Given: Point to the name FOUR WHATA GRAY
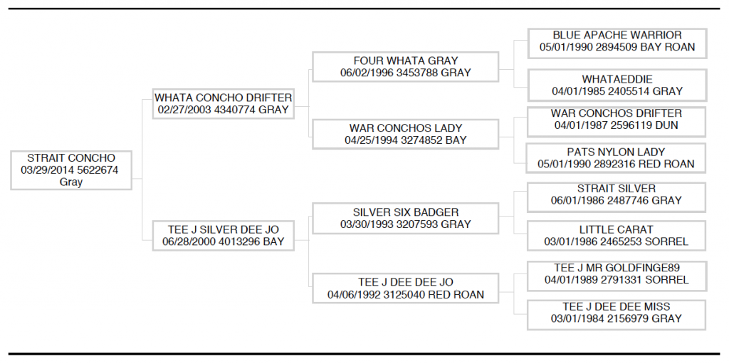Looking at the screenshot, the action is click(x=405, y=61).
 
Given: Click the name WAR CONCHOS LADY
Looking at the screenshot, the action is click(x=405, y=128).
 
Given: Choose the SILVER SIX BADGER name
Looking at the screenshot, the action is click(x=405, y=212).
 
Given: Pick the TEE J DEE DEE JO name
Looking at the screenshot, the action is click(x=405, y=283).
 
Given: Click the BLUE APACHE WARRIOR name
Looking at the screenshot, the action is click(x=617, y=36).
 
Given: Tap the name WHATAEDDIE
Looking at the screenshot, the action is click(x=617, y=80).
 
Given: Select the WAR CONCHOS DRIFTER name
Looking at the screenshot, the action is click(x=616, y=113).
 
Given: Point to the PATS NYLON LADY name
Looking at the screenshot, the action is click(x=616, y=152).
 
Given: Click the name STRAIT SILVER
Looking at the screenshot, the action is click(x=616, y=189).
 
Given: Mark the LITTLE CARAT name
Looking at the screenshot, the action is click(x=616, y=229).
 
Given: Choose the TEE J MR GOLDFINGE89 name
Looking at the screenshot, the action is click(x=617, y=268).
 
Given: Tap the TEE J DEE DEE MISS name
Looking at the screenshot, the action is click(x=617, y=307).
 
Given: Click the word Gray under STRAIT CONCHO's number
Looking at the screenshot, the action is click(x=71, y=182).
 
